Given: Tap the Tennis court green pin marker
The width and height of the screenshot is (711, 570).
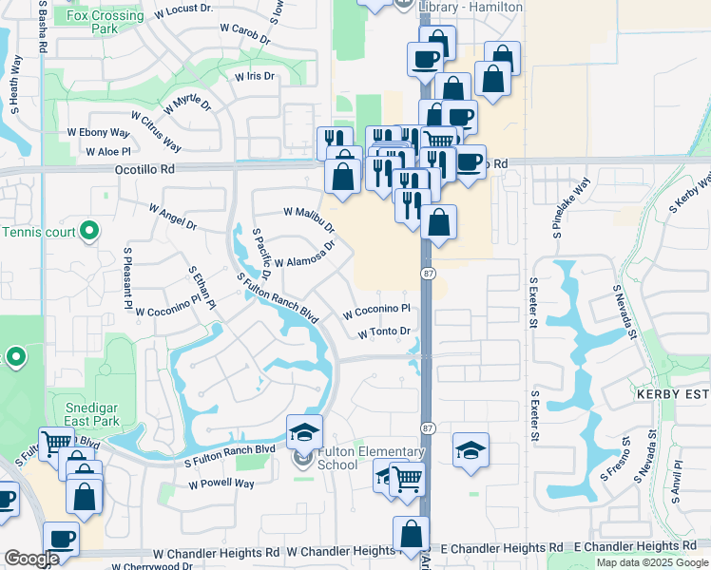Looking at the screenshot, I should tap(88, 230).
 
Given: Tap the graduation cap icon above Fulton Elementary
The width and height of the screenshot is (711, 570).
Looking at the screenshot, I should tap(304, 432).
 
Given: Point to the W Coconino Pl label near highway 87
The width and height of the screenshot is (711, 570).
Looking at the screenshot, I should tap(376, 310).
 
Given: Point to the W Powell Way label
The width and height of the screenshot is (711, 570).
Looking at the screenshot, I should tap(221, 484).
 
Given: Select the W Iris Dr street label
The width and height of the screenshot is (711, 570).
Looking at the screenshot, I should tap(254, 75).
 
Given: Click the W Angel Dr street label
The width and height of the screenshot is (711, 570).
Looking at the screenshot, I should tap(172, 217).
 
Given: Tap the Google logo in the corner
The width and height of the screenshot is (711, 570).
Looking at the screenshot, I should tap(31, 560).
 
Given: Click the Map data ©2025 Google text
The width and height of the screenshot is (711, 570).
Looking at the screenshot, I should tap(652, 562).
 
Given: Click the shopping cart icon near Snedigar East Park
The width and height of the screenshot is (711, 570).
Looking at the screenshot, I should tap(56, 442).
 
